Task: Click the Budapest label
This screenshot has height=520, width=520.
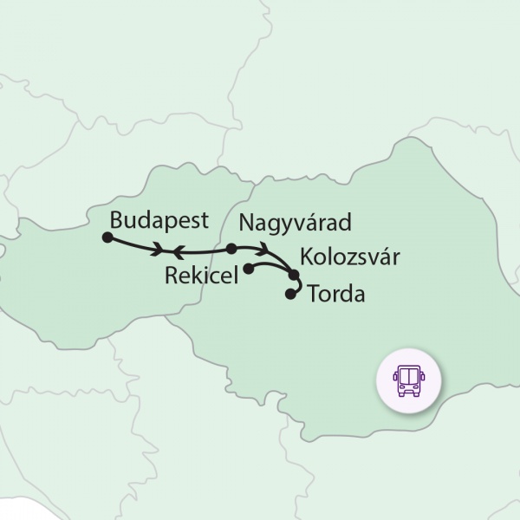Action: click(x=159, y=219)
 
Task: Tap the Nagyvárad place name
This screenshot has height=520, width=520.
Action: click(x=295, y=222)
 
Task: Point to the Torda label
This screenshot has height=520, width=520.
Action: click(x=336, y=294)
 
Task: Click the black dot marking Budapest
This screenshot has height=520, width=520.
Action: click(x=107, y=237)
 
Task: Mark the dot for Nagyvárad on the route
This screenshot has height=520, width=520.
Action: click(x=231, y=249)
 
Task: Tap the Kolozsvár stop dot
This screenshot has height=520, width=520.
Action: click(x=294, y=276)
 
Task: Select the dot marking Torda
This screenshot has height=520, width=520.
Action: click(x=290, y=295)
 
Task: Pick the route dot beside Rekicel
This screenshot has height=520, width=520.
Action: click(x=249, y=269)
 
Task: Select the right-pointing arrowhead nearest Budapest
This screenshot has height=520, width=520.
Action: click(x=158, y=251)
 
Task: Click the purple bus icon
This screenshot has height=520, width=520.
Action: click(x=407, y=380)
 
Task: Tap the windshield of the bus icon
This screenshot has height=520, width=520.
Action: click(x=407, y=375)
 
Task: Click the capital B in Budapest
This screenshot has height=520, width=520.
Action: click(x=119, y=219)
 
